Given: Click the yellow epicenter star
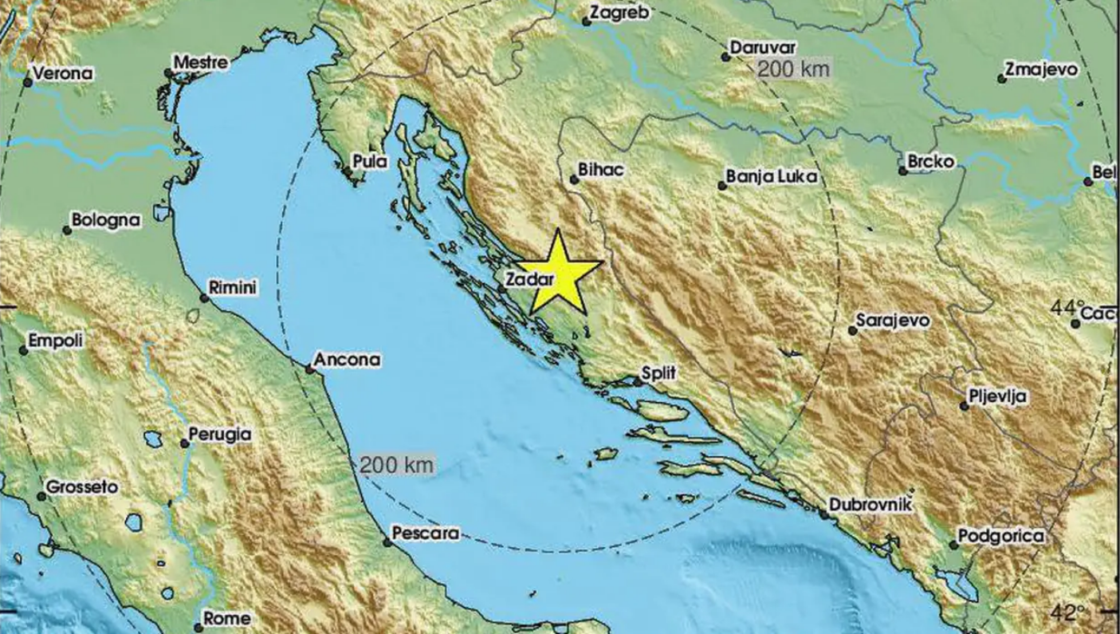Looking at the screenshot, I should [558, 274].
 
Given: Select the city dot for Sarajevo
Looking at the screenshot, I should [852, 330].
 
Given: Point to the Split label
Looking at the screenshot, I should [659, 372].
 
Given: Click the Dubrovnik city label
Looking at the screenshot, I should [870, 504].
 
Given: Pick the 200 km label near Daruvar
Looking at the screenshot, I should [793, 69].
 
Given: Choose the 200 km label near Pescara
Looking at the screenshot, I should [396, 464].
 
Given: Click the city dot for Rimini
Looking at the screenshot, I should [204, 298].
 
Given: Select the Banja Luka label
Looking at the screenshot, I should [772, 176].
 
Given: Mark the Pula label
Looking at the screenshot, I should [370, 161].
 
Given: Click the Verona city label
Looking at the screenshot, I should [63, 73].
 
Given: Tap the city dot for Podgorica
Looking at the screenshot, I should [953, 545].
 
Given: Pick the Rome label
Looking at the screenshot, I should [227, 618].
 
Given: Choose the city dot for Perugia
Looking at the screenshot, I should [184, 443].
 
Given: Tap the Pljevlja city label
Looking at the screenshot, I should [998, 396].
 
